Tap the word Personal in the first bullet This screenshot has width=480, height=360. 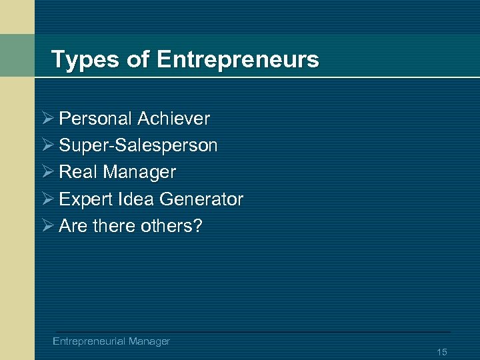coord(95,119)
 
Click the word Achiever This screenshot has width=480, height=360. coord(173,119)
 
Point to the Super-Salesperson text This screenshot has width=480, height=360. coord(138,145)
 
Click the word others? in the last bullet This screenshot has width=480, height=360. coord(171,226)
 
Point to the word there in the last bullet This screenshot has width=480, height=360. coord(115,226)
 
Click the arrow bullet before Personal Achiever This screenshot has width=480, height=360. coord(47,119)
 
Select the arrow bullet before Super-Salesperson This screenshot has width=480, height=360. coord(47,145)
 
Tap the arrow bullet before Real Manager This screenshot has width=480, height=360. coord(47,172)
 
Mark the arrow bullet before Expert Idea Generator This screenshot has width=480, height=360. coord(47,199)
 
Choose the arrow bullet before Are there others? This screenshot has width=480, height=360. coord(47,226)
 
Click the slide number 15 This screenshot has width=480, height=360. coord(442,352)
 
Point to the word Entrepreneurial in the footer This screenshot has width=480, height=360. coord(89,341)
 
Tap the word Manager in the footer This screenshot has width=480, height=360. coord(149,341)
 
